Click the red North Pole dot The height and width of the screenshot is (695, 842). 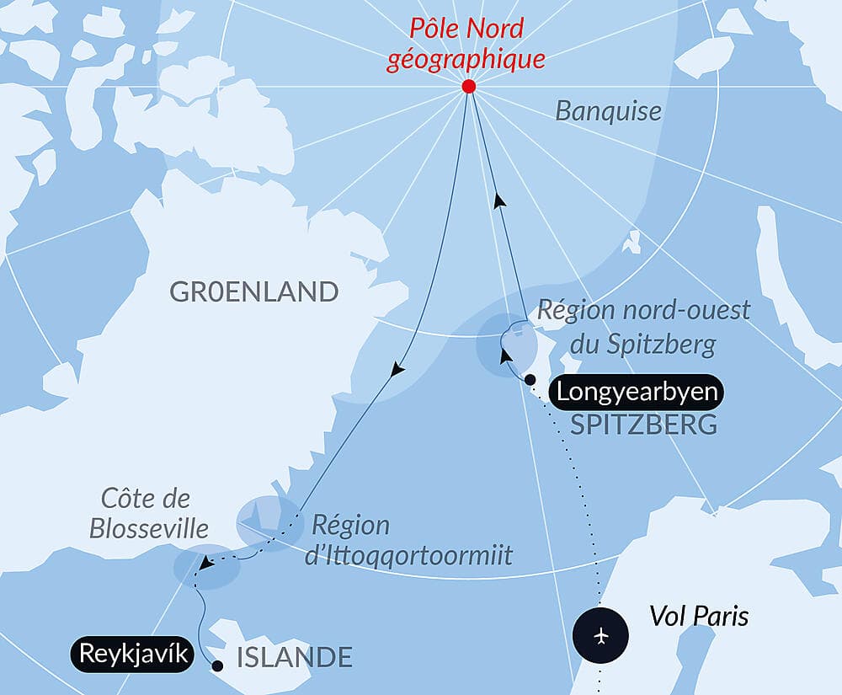[x=469, y=87]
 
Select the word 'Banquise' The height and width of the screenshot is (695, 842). [x=608, y=111]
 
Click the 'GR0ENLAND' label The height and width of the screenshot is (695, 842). [x=253, y=292]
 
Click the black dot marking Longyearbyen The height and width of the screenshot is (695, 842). [x=530, y=380]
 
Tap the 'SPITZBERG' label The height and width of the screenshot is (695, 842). [x=643, y=425]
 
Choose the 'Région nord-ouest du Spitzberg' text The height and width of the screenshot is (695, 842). [x=643, y=326]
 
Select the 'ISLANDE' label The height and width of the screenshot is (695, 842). [x=294, y=657]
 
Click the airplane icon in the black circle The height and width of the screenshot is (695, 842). [x=600, y=634]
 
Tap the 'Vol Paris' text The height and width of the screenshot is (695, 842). [x=698, y=617]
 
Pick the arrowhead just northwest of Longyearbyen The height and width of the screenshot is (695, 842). [x=506, y=356]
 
